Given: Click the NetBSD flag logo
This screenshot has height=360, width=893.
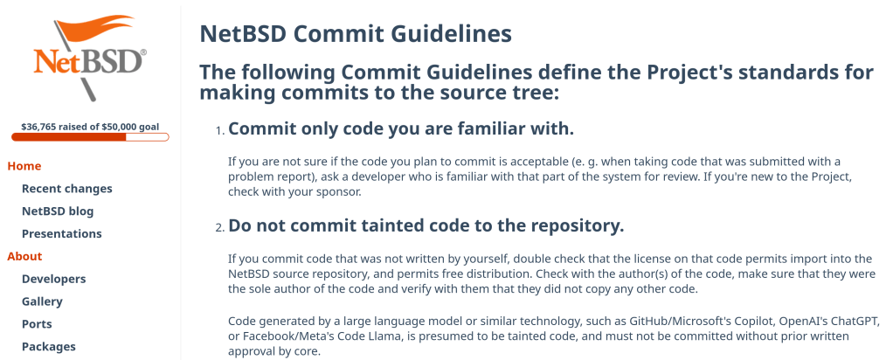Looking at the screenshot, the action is [89, 57].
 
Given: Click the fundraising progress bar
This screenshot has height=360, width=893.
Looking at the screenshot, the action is [90, 136].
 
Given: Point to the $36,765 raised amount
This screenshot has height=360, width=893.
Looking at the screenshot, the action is [39, 127].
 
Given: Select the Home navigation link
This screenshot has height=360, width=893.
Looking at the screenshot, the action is [24, 166].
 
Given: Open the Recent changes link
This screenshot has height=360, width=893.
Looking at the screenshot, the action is [67, 189].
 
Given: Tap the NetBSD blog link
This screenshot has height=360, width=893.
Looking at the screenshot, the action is [58, 211].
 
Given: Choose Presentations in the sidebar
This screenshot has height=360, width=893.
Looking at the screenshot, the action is [61, 233].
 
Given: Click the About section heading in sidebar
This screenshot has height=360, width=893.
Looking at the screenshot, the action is [24, 256].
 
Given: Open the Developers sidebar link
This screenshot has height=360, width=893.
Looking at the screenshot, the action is [54, 279].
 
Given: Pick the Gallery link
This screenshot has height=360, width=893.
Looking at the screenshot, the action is [42, 301].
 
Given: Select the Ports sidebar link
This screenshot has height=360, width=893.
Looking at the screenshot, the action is [37, 324].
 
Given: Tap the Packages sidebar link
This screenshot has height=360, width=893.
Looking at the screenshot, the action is [48, 346].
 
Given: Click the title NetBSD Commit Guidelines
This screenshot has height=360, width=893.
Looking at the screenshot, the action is [356, 34].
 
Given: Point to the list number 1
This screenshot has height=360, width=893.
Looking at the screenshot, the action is [220, 131].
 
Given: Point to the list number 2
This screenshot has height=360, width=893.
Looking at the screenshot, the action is [220, 228].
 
